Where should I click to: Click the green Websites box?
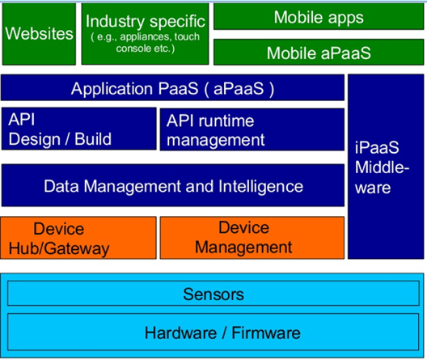[39, 34]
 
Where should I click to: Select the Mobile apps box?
[319, 16]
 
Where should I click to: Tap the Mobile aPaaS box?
[319, 53]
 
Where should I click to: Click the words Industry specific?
[146, 22]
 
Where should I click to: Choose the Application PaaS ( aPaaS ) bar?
[172, 87]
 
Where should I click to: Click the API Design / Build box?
[79, 129]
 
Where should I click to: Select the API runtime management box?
[252, 129]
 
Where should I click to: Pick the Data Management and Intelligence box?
[173, 185]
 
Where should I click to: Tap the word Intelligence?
[260, 187]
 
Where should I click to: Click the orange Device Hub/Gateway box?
[78, 238]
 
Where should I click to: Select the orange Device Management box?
[252, 238]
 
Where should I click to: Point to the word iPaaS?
[377, 147]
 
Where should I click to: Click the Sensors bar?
[213, 294]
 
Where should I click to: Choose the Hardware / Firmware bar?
[213, 332]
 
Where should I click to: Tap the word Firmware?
[266, 332]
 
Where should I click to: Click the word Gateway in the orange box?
[77, 249]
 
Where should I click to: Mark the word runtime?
[226, 121]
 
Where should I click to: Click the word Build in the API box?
[93, 139]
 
